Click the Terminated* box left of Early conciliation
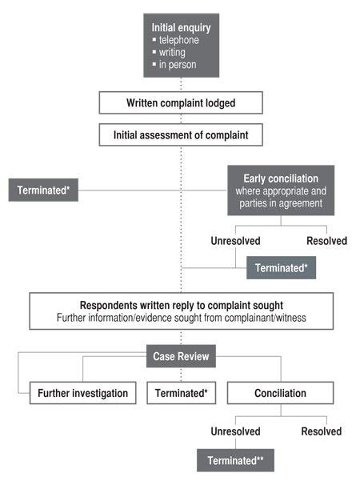(x=43, y=190)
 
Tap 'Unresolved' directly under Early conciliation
(x=235, y=239)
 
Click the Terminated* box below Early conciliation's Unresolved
(x=281, y=267)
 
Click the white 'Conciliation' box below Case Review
(x=278, y=393)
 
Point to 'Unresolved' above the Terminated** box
(x=235, y=431)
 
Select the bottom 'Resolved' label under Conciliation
(x=321, y=431)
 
